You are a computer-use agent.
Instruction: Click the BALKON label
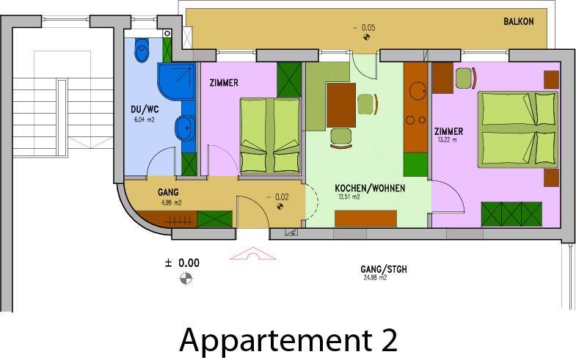[518, 21]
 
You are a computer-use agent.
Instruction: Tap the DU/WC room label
[145, 109]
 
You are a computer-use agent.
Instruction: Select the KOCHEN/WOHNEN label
[370, 188]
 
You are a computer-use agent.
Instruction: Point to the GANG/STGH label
[384, 269]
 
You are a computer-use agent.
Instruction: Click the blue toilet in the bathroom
[142, 50]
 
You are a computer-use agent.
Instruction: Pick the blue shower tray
[176, 81]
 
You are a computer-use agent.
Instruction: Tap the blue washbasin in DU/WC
[185, 128]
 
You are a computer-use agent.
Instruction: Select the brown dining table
[341, 105]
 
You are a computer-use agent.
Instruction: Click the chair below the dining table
[340, 138]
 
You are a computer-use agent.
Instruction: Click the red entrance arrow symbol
[252, 254]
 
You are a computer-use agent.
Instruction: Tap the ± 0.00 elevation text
[182, 262]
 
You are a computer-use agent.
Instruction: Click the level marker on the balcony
[366, 37]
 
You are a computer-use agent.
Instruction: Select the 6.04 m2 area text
[145, 120]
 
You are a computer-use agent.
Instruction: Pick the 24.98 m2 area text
[375, 278]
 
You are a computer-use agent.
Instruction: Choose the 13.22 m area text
[448, 139]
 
